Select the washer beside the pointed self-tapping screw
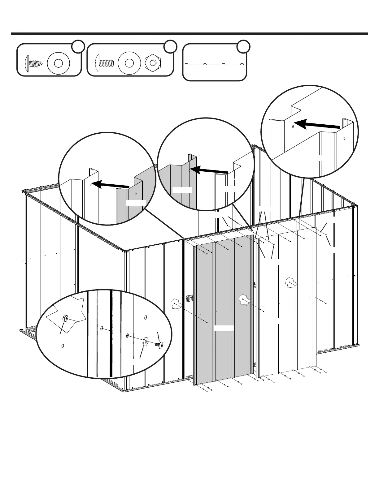[x=59, y=63]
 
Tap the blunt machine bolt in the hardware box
[x=104, y=62]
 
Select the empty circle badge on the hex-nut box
[x=170, y=46]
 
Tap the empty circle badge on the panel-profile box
[x=243, y=46]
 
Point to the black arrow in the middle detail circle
[x=210, y=170]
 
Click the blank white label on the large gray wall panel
[x=224, y=328]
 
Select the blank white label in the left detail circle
[x=136, y=203]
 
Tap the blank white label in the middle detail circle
[x=182, y=190]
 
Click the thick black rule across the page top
[x=189, y=34]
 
